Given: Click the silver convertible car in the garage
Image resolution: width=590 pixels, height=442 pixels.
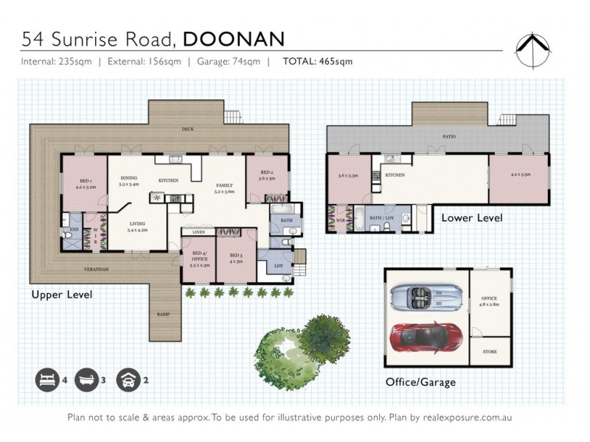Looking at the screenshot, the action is [424, 296].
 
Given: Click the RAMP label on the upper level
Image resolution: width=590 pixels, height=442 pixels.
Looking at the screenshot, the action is [163, 315].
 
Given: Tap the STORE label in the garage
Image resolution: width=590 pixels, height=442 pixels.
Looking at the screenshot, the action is [490, 352].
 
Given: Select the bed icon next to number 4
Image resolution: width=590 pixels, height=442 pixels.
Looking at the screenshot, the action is [46, 381].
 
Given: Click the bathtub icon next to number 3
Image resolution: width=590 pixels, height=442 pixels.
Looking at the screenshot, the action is [86, 381].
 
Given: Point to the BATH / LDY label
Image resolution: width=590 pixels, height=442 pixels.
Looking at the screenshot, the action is [382, 218].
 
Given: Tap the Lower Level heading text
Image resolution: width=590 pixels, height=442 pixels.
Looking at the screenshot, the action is [472, 218].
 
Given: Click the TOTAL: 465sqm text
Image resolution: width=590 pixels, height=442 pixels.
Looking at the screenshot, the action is [317, 61].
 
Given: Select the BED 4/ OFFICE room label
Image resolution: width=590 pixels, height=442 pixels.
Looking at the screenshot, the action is [199, 259].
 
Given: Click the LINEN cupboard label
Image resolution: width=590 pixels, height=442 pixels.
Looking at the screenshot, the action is [198, 233].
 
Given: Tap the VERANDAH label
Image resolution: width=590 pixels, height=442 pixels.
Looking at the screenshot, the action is [96, 269].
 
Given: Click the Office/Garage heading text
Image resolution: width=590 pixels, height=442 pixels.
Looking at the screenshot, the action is [420, 382].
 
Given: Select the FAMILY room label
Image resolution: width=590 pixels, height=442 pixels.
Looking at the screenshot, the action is [224, 188].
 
